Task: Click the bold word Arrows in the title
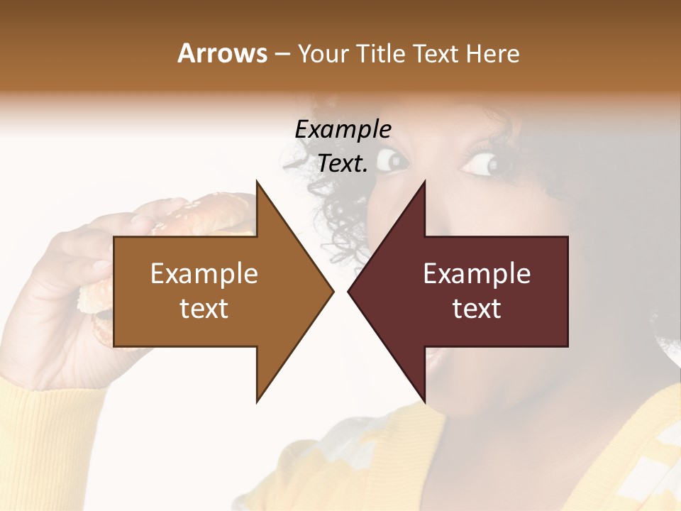221,53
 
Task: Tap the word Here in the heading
492,53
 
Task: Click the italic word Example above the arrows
343,129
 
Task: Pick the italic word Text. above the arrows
343,164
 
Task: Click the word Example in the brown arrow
204,273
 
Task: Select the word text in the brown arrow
204,309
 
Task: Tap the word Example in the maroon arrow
477,273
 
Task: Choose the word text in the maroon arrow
477,309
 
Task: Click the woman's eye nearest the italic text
392,161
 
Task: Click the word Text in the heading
436,53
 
